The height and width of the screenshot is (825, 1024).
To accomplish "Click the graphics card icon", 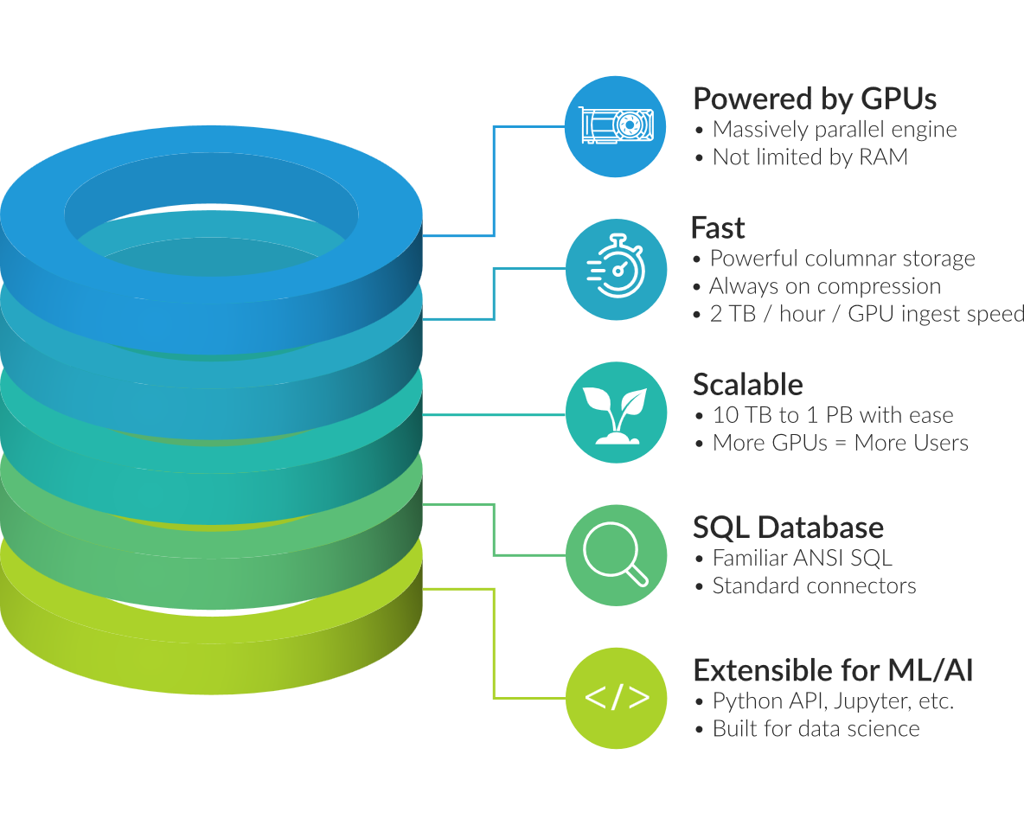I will coord(616,126).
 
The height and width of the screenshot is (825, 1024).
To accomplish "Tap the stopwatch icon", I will coord(616,269).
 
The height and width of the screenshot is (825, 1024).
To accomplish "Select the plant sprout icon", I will coord(616,412).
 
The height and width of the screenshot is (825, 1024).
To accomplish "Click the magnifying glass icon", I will coord(616,555).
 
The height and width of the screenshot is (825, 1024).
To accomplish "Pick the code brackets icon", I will coord(616,698).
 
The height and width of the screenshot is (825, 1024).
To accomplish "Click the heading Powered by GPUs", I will coord(815,99).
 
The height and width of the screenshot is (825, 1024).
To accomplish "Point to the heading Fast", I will coord(718,228).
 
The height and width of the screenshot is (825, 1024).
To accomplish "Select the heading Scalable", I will coord(748,385).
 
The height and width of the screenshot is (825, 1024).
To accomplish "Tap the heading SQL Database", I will coord(788,528).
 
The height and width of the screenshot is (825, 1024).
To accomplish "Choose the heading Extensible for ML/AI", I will coord(833,670).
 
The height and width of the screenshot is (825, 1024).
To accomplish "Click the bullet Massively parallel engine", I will coord(835,130).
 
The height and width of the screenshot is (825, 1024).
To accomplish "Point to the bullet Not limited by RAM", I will coord(810,157).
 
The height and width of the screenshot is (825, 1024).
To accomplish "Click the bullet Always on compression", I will coord(824,286).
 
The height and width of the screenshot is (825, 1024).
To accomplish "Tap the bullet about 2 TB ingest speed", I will coord(865,314).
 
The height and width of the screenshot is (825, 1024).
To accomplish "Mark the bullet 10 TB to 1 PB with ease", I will coord(833,415).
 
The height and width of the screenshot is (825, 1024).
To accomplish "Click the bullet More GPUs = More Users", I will coord(840,443).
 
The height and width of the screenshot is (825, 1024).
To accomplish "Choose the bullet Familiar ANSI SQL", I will coord(802,558).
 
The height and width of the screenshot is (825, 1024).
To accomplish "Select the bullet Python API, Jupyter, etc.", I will coord(833,700).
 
